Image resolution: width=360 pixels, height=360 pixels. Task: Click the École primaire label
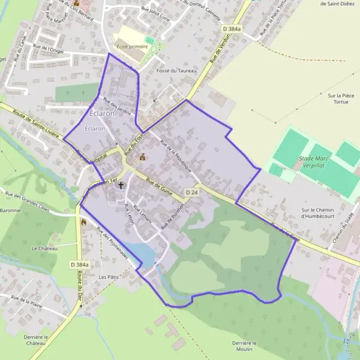[131, 46]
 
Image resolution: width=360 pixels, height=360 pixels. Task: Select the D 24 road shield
[191, 192]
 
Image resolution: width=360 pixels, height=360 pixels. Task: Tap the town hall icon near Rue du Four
[143, 158]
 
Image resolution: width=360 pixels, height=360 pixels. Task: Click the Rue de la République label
[176, 155]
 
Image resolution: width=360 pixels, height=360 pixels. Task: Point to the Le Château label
[44, 248]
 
